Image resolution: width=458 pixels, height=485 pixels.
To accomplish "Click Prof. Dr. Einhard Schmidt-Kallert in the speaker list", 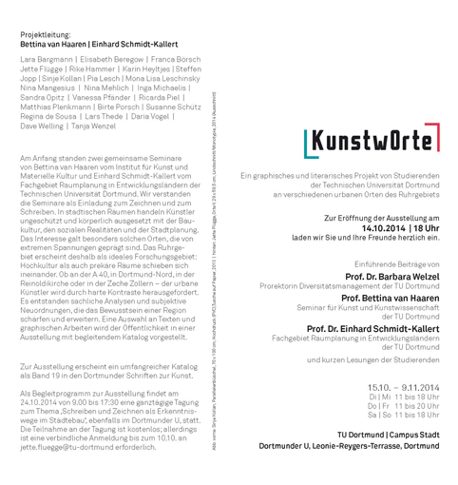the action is (373, 328).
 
